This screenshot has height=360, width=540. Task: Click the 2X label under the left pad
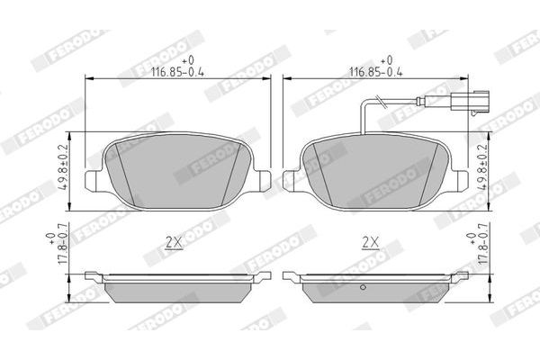pos(174,240)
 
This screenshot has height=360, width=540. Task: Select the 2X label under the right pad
pos(368,240)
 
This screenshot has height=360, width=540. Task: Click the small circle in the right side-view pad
pos(360,288)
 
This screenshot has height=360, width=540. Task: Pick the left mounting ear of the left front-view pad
pos(94,179)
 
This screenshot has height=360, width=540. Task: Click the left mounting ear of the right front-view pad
pos(291,179)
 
